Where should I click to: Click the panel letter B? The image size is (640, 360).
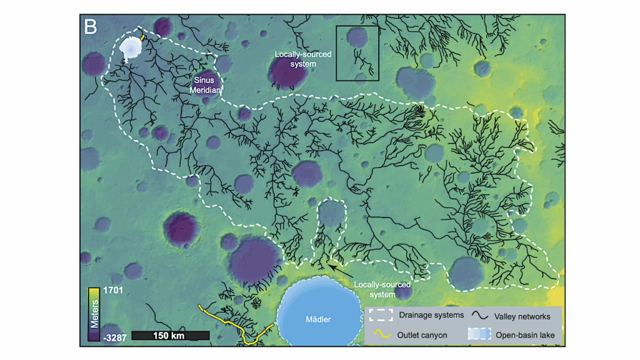(91, 27)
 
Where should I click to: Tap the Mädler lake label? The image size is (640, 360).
(319, 320)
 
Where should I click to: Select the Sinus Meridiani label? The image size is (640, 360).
(204, 85)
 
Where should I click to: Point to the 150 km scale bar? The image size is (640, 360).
(170, 336)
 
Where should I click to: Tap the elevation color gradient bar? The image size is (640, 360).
(92, 312)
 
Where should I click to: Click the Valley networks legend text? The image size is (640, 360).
(522, 316)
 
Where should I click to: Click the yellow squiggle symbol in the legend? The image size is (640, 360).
(381, 335)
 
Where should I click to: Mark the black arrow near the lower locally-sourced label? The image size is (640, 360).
(339, 269)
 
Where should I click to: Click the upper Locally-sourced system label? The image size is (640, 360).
(303, 59)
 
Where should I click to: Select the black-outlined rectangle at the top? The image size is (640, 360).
(357, 54)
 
